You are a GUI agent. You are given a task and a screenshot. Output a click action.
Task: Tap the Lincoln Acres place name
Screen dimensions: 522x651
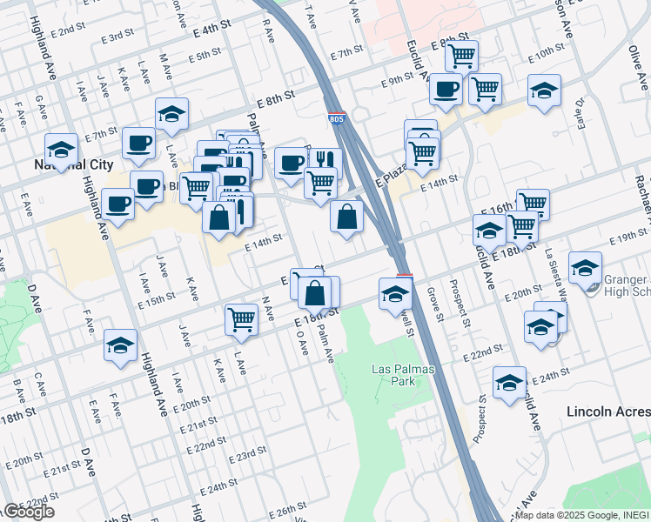[607, 411]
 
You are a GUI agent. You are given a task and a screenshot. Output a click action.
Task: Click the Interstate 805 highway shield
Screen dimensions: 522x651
[335, 117]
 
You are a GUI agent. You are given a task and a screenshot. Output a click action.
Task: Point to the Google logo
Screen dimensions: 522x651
[28, 512]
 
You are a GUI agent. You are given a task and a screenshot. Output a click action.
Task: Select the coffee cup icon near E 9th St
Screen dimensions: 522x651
[446, 88]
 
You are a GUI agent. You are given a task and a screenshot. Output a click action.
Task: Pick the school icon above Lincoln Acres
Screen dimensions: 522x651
[509, 382]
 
